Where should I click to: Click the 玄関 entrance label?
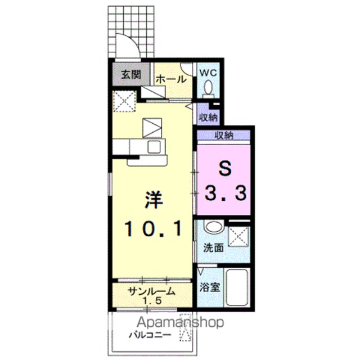(131, 74)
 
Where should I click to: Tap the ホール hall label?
(171, 79)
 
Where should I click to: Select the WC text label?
(208, 73)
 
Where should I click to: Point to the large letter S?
(225, 169)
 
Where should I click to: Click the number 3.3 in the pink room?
(226, 192)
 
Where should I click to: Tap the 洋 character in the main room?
(154, 200)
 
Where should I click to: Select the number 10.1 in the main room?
(153, 228)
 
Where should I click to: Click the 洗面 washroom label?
(214, 247)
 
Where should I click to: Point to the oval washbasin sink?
(214, 227)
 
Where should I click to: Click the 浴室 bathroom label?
(210, 287)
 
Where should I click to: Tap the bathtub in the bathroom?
(236, 287)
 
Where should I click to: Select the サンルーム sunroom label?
(151, 291)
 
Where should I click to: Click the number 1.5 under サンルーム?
(152, 300)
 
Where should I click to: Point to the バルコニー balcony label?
(150, 335)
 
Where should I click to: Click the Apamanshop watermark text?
(180, 322)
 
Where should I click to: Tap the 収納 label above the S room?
(224, 135)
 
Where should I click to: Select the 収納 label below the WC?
(208, 118)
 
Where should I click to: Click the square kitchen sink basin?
(154, 147)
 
